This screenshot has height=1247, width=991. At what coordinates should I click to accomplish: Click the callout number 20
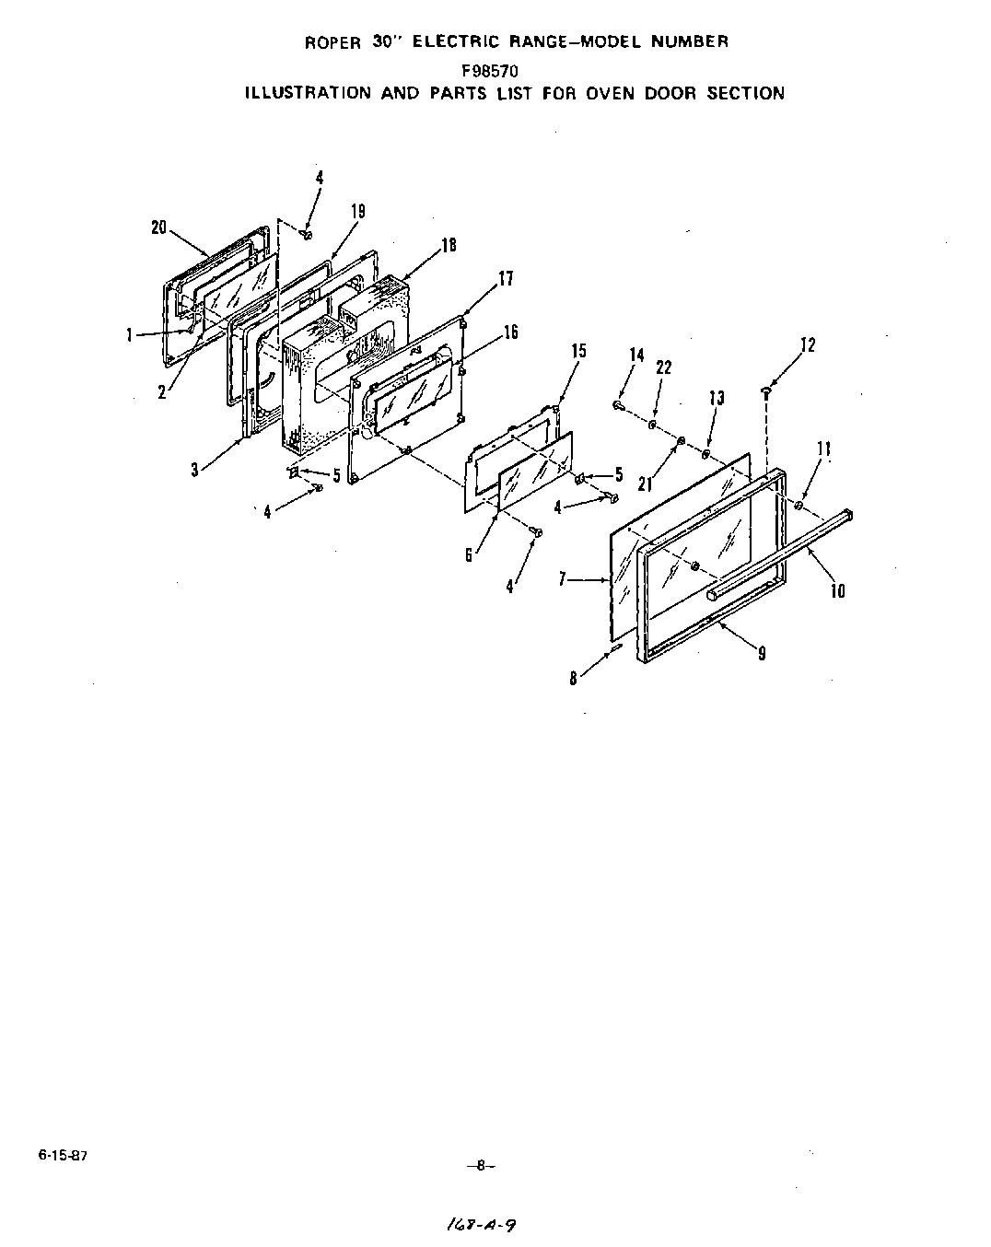pyautogui.click(x=158, y=227)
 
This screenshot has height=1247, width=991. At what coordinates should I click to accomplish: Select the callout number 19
pyautogui.click(x=357, y=211)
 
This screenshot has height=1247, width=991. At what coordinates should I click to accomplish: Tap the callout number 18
pyautogui.click(x=449, y=245)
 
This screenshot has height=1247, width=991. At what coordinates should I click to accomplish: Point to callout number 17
pyautogui.click(x=506, y=278)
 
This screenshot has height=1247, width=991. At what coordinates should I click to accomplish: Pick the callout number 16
pyautogui.click(x=511, y=332)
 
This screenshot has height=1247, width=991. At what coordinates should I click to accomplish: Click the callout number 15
pyautogui.click(x=578, y=351)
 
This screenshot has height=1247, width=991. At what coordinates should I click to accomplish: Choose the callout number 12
pyautogui.click(x=808, y=345)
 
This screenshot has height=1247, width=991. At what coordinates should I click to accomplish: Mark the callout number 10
pyautogui.click(x=837, y=591)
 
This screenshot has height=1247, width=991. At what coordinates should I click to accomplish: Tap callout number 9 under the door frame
pyautogui.click(x=762, y=654)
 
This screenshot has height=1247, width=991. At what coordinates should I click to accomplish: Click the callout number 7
pyautogui.click(x=561, y=580)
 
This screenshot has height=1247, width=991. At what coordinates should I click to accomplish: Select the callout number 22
pyautogui.click(x=663, y=367)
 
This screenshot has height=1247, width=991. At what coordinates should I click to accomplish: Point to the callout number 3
pyautogui.click(x=194, y=470)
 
